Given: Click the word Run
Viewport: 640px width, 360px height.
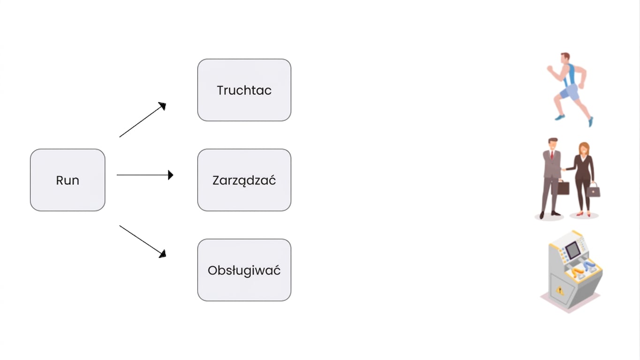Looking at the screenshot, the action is (x=68, y=180).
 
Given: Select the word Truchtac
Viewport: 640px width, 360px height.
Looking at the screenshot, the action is (x=244, y=90).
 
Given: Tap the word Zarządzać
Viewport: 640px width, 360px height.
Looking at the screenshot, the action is (x=244, y=180).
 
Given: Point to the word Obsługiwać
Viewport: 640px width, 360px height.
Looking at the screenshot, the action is (x=244, y=270).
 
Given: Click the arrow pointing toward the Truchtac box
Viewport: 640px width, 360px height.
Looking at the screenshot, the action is (x=143, y=120).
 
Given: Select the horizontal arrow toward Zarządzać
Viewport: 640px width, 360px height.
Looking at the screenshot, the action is (x=145, y=175).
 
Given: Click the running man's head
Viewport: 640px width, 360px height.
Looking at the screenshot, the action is (x=565, y=58).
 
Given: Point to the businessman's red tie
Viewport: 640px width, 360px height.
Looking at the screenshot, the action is (x=552, y=155).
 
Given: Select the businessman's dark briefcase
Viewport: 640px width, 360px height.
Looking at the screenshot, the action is (x=563, y=188).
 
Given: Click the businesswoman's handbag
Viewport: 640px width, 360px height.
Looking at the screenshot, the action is (x=594, y=191).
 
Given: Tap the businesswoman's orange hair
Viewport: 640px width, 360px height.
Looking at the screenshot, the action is (x=585, y=148).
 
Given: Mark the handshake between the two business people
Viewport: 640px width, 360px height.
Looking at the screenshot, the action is (x=564, y=170).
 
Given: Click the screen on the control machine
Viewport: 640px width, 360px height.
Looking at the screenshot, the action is (x=573, y=250).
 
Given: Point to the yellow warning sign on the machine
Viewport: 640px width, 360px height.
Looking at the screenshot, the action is (x=560, y=291).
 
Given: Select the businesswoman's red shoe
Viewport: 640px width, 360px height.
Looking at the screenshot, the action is (x=580, y=213).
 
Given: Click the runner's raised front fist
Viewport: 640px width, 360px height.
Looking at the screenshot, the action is (x=550, y=68).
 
